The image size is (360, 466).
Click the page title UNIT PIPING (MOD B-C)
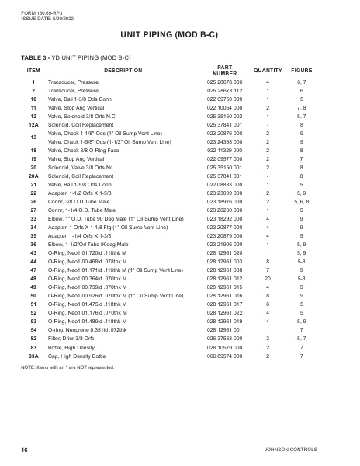(179, 35)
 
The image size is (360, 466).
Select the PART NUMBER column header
(225, 70)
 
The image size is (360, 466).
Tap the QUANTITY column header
(267, 70)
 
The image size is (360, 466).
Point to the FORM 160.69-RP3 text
(32, 7)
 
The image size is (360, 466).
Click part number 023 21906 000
(225, 244)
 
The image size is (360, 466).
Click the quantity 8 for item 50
(267, 296)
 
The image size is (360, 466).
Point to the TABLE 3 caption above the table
(75, 57)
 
